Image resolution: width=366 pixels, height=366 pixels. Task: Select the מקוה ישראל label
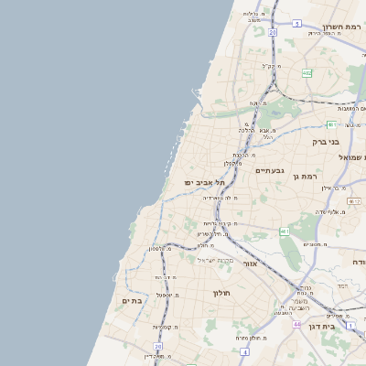(x=217, y=260)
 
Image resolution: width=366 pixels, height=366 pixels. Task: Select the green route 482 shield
(x=307, y=72)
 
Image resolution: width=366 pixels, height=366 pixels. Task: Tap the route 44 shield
(x=296, y=324)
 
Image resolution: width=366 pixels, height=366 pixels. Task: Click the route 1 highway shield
(x=350, y=324)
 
